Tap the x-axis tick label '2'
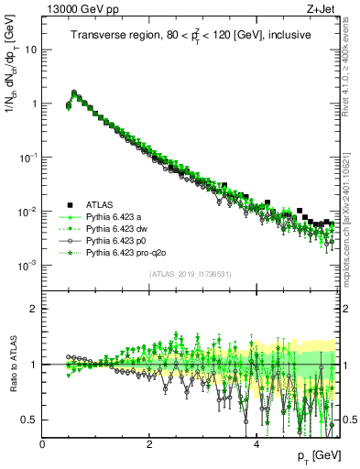[149, 443]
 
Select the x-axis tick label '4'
[256, 443]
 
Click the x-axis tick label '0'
[42, 443]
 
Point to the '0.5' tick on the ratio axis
[28, 420]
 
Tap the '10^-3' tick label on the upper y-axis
[27, 265]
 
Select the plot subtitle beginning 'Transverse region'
[191, 35]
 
